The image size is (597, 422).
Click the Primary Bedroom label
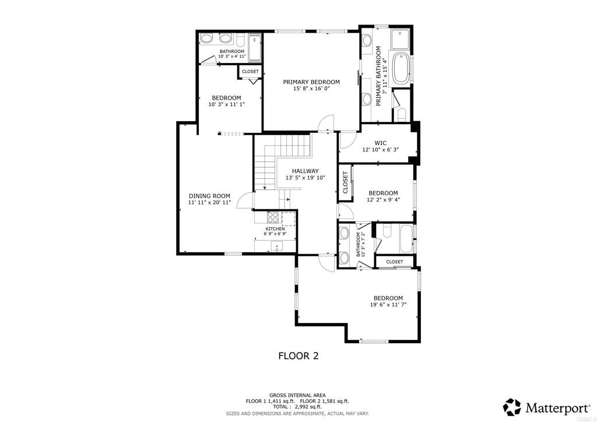(x=311, y=82)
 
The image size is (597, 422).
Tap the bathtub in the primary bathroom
(x=401, y=69)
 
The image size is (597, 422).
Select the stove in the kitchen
(x=273, y=217)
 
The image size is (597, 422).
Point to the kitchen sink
(x=277, y=247)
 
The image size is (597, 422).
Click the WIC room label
(x=380, y=143)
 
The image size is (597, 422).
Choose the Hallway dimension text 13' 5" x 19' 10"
(x=305, y=177)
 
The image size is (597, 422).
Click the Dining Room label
(x=209, y=196)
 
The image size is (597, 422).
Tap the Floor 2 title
(x=298, y=356)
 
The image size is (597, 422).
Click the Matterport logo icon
(x=512, y=407)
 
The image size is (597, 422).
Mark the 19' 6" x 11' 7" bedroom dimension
(x=388, y=304)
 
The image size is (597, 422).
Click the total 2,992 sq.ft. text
(x=297, y=406)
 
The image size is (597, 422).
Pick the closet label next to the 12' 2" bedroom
(x=345, y=182)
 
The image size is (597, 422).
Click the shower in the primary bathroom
(x=399, y=39)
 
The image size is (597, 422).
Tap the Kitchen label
(x=275, y=228)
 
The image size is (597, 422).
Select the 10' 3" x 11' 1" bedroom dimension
(x=227, y=104)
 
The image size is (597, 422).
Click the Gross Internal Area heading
(x=297, y=395)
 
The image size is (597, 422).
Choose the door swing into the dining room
(x=244, y=200)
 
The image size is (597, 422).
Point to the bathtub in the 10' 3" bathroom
(x=254, y=48)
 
